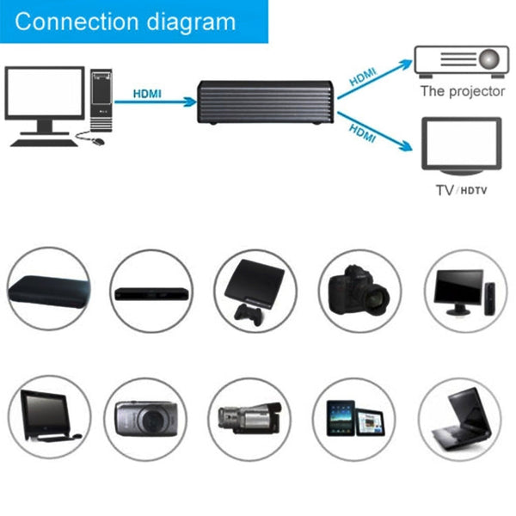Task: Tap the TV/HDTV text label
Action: pos(461,189)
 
